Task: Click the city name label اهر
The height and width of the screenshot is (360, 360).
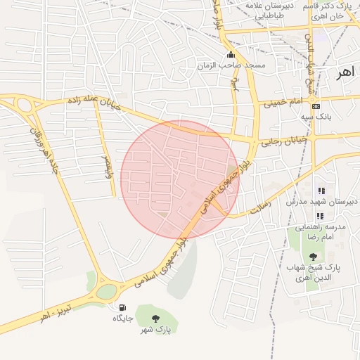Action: [x=345, y=72]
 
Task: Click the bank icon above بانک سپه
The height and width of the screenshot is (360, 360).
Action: [x=316, y=105]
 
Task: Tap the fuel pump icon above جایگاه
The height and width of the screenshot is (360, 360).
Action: [x=123, y=307]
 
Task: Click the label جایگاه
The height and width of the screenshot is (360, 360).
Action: [x=123, y=319]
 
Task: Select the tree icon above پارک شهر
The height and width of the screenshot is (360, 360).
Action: [x=155, y=319]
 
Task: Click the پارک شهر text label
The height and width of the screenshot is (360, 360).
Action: [x=155, y=330]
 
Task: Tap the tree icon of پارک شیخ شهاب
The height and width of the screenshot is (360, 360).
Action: [x=313, y=257]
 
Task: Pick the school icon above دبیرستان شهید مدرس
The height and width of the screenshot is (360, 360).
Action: [x=321, y=191]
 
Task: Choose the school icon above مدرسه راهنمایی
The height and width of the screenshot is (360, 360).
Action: [x=321, y=216]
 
